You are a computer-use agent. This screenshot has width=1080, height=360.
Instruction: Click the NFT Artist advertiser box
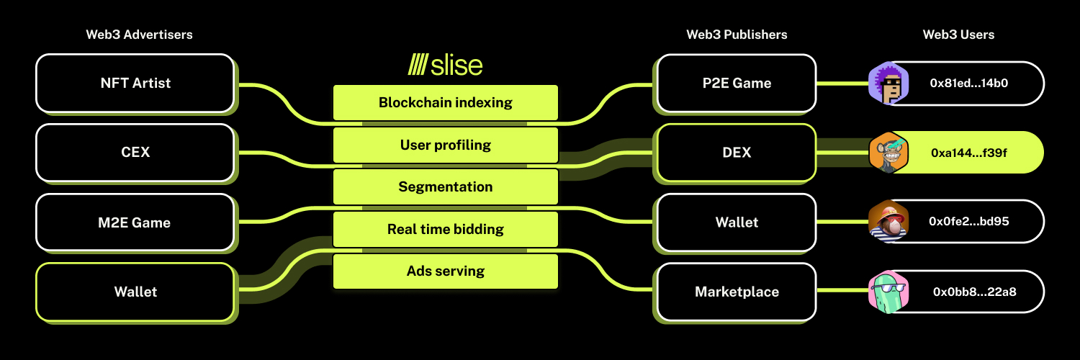click(x=135, y=84)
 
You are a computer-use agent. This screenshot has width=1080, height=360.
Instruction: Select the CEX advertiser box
click(x=135, y=153)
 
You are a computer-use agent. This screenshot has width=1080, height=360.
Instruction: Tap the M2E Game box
click(x=135, y=222)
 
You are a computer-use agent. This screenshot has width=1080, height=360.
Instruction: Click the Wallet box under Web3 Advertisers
click(x=135, y=292)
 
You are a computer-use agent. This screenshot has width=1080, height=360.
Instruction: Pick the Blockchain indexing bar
click(x=446, y=103)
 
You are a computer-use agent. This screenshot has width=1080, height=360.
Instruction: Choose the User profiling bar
click(x=446, y=145)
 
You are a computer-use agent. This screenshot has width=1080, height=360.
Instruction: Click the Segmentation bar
click(x=446, y=187)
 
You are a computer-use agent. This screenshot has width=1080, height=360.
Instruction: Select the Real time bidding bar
click(x=446, y=230)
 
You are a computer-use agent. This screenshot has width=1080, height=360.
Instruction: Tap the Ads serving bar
click(x=446, y=271)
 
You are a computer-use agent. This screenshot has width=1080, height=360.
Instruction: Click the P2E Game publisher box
click(x=737, y=84)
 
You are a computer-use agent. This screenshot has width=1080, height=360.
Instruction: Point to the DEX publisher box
click(x=737, y=153)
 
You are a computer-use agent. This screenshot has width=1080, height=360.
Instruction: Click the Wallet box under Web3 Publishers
click(x=737, y=222)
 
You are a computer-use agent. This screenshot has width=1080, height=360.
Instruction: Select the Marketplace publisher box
click(x=737, y=292)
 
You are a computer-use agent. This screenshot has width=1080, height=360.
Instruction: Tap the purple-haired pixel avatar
click(x=888, y=84)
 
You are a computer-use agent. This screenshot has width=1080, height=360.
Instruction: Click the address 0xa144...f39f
click(x=968, y=153)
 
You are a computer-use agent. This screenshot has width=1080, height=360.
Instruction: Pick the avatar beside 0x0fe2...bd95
click(x=888, y=222)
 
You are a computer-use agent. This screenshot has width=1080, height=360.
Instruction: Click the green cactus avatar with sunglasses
click(x=888, y=292)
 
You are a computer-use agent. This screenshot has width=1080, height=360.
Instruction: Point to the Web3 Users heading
click(x=958, y=35)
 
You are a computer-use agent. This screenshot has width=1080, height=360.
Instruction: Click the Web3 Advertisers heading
click(x=140, y=35)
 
